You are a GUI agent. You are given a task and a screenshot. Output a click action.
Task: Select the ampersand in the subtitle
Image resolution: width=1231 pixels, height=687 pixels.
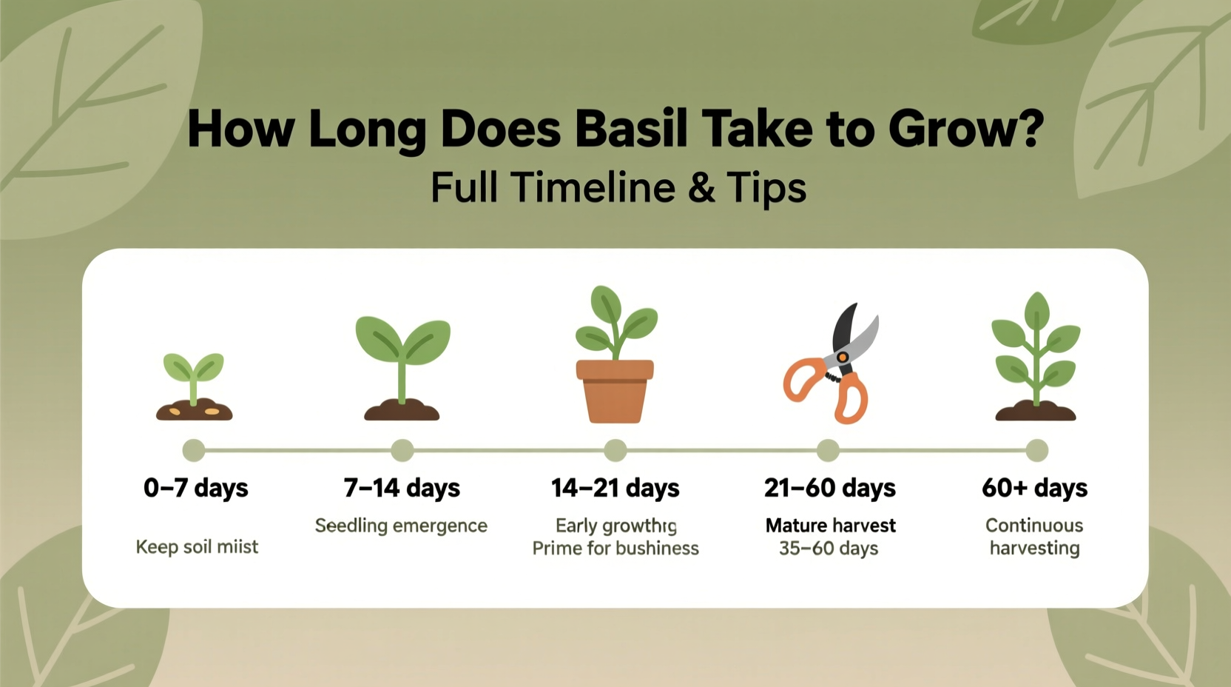[701, 187]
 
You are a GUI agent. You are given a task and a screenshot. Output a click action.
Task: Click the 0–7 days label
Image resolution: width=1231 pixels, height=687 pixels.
[196, 488]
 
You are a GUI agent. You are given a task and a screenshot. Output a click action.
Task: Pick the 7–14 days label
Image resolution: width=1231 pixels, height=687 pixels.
[402, 488]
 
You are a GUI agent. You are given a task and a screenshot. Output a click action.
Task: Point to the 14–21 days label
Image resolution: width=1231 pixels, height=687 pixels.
[615, 488]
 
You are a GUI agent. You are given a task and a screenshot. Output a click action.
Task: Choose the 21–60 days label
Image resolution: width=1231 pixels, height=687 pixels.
[829, 488]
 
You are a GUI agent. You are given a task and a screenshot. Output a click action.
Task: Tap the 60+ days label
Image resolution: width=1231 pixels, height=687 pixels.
[1034, 488]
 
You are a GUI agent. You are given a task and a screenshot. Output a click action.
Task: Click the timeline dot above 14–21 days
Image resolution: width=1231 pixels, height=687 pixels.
[615, 450]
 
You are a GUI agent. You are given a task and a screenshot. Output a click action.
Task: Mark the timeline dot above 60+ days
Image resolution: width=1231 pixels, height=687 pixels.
[1036, 450]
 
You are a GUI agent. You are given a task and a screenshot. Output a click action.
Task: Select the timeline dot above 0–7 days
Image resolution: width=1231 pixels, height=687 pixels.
[194, 450]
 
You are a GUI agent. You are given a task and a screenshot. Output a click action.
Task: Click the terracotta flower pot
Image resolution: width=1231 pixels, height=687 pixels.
[615, 392]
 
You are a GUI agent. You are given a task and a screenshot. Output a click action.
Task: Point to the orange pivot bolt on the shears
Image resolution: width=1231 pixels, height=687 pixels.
[843, 358]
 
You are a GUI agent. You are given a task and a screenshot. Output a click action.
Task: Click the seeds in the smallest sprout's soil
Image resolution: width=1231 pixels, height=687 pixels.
[211, 411]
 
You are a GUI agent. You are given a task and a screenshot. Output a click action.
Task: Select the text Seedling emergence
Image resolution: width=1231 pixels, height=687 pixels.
[401, 526]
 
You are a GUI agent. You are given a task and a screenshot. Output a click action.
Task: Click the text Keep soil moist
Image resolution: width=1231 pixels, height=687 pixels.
[197, 547]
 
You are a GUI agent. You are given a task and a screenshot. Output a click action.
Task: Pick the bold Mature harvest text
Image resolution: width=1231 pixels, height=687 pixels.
[830, 526]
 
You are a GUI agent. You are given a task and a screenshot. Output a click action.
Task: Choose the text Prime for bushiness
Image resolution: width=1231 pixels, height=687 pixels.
[615, 549]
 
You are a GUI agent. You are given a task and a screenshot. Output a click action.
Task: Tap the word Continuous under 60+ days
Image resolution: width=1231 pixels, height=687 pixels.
[1033, 526]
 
